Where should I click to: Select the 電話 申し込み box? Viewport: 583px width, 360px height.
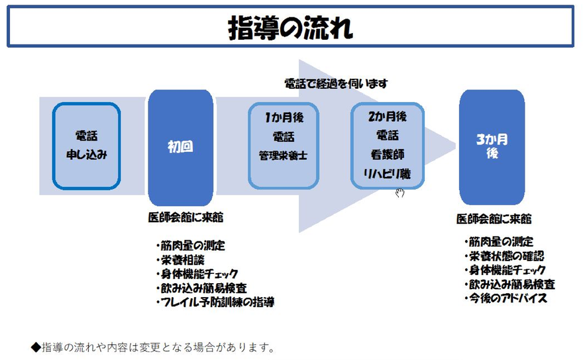tap(86, 146)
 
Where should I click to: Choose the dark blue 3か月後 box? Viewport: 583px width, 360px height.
tap(492, 147)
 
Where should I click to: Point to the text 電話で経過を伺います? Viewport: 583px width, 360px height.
tap(335, 84)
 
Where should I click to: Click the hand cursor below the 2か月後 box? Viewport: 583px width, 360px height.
tap(399, 193)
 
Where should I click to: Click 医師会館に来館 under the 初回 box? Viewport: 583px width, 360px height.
tap(181, 217)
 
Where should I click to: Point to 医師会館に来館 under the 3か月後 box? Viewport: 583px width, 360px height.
tap(494, 219)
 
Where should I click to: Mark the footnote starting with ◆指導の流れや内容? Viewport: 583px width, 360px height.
tap(152, 347)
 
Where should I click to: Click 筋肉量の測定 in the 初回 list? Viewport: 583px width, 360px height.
tap(191, 246)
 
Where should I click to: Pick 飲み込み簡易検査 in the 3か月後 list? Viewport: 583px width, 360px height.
tap(509, 284)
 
